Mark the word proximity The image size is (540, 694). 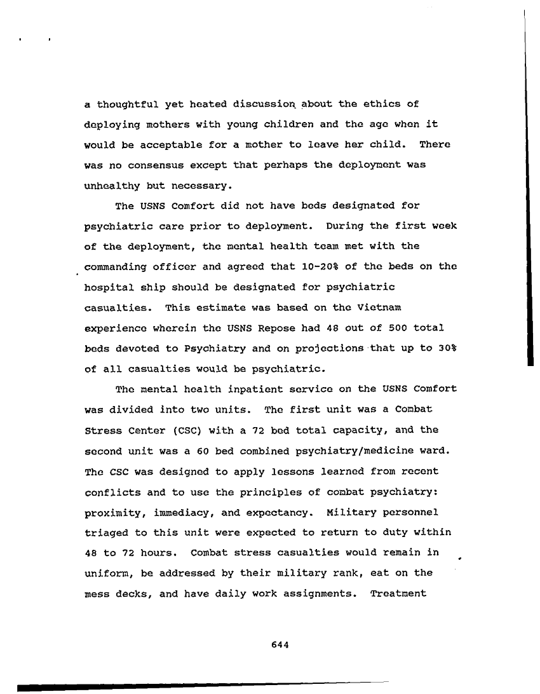[x=112, y=512]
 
